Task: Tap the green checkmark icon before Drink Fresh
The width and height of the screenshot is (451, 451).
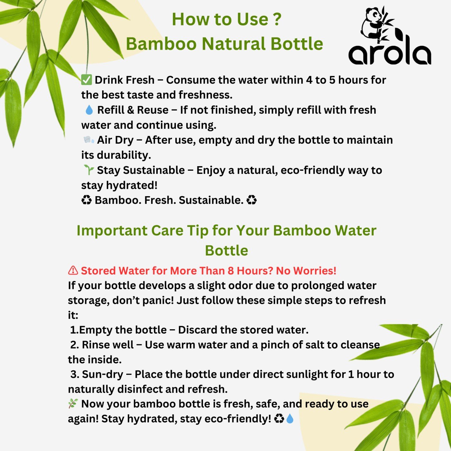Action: pyautogui.click(x=86, y=80)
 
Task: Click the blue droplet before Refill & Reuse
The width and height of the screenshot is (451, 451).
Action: pyautogui.click(x=89, y=110)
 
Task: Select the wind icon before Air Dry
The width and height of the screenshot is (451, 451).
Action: pyautogui.click(x=89, y=140)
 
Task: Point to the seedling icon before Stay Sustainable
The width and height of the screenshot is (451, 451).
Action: pyautogui.click(x=89, y=170)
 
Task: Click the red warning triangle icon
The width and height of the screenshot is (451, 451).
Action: pyautogui.click(x=73, y=270)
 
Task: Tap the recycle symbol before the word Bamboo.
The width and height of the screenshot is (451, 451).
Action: pyautogui.click(x=86, y=200)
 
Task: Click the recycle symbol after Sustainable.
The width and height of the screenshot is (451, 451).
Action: pyautogui.click(x=252, y=200)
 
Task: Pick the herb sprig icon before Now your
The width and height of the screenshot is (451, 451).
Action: pyautogui.click(x=73, y=404)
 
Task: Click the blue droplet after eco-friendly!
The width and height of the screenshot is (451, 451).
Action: pyautogui.click(x=290, y=418)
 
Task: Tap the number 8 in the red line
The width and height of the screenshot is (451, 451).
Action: pyautogui.click(x=231, y=271)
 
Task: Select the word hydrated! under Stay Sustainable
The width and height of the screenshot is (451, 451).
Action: pyautogui.click(x=131, y=185)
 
